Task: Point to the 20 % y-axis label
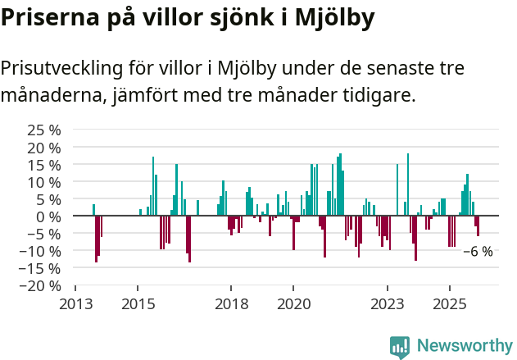coord(44,147)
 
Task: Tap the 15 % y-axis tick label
coord(44,164)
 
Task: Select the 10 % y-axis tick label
coord(44,181)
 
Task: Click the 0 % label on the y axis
coord(48,216)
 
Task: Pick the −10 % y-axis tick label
coord(41,250)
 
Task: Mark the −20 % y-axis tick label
coord(41,285)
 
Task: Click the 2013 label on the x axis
coord(75,303)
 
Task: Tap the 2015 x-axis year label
coord(137,303)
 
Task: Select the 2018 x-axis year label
coord(231,303)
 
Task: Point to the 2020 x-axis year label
coord(293,303)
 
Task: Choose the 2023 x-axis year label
coord(387,303)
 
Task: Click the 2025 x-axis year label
coord(449,303)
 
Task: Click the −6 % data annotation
coord(478,252)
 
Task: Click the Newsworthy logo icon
coord(400,347)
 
